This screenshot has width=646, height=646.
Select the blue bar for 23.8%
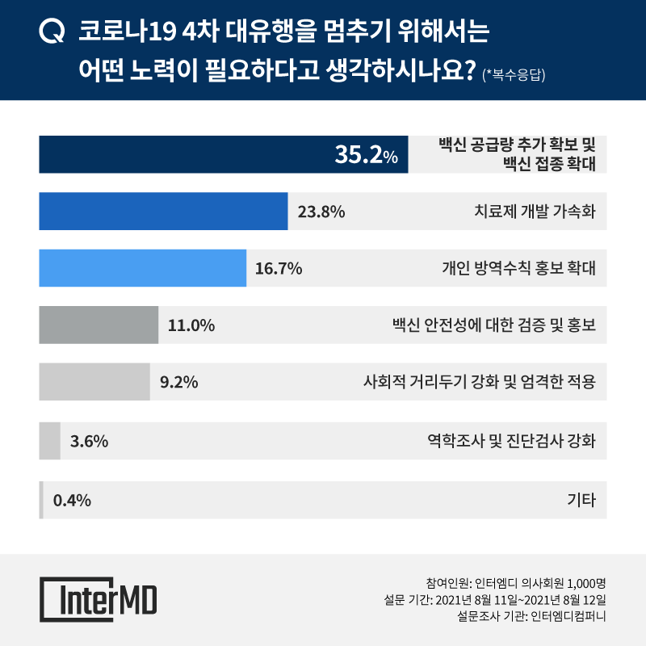point(163,212)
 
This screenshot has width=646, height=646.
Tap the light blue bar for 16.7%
point(142,268)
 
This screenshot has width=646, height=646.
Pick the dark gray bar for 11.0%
point(99,325)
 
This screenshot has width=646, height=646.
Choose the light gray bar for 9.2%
point(94,383)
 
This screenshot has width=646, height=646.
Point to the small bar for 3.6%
point(50,441)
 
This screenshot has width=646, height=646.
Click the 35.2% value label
point(367,156)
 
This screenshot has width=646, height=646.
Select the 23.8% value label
point(322,212)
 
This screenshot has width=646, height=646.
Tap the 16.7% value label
point(279,269)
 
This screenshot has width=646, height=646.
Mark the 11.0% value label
point(191,326)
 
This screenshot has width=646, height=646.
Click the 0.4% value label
point(72,501)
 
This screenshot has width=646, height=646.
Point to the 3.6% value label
point(90,442)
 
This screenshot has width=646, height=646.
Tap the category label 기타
point(582,501)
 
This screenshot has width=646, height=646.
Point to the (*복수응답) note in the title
point(514,76)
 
